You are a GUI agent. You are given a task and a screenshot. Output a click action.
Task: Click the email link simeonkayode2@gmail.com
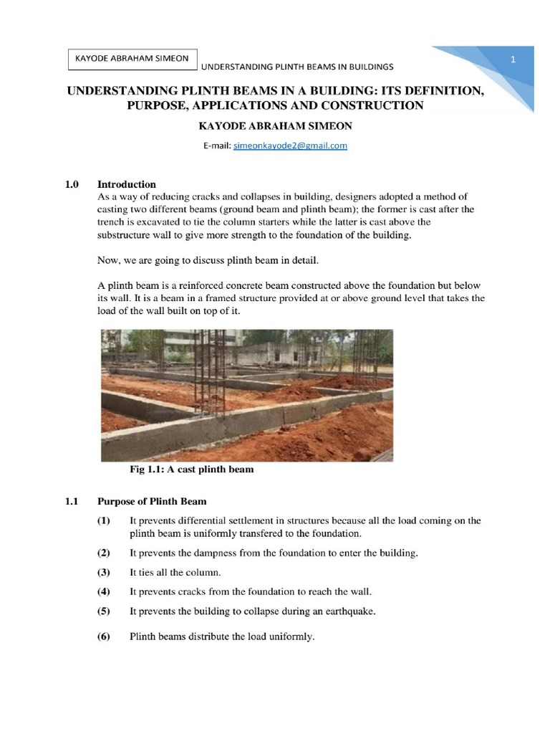290,146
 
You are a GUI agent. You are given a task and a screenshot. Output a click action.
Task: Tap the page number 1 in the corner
513,59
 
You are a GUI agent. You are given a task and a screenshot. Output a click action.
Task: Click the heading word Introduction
127,184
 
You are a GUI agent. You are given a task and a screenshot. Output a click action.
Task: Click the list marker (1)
105,520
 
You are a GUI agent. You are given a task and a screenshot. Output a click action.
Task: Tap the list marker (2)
105,553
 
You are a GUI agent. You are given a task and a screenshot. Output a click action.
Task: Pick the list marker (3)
105,573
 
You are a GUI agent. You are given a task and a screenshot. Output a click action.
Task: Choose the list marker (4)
105,592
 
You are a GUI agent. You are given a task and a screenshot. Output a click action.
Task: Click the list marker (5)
105,611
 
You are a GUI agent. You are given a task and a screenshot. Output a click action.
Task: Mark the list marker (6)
105,637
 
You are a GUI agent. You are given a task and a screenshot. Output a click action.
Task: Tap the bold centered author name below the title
275,125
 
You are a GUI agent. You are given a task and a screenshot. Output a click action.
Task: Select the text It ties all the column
176,573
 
